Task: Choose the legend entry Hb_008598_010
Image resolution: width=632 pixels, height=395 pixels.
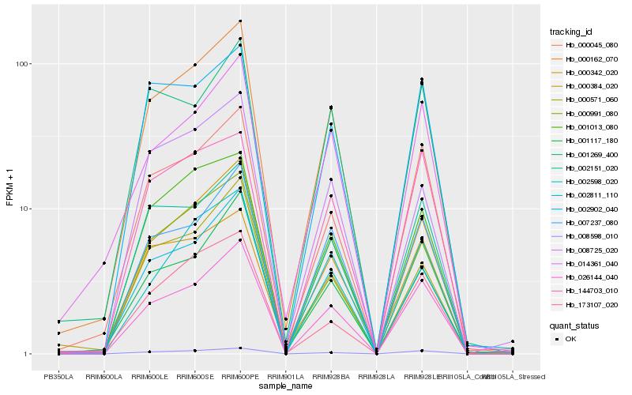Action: pyautogui.click(x=591, y=235)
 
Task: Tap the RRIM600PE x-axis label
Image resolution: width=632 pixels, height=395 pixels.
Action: pyautogui.click(x=240, y=376)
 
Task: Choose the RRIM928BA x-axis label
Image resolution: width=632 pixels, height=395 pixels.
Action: pyautogui.click(x=331, y=376)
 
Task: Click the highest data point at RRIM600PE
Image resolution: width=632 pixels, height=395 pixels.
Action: pyautogui.click(x=240, y=21)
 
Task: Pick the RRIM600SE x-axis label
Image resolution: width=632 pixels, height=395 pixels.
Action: pyautogui.click(x=195, y=376)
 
